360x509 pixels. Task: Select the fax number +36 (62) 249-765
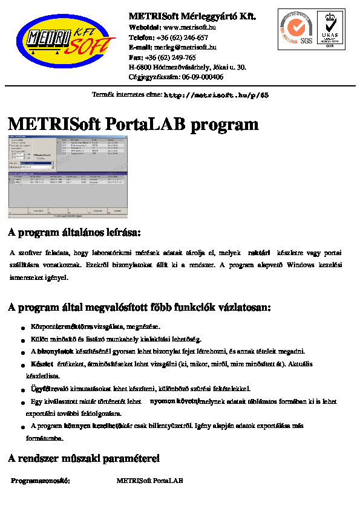tap(170, 57)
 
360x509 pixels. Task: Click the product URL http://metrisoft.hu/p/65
tap(216, 96)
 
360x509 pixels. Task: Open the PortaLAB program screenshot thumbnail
tap(68, 177)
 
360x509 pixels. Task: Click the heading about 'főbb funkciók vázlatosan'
tap(139, 308)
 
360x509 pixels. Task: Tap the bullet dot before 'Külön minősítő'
tap(23, 341)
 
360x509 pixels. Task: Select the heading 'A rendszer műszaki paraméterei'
tap(83, 459)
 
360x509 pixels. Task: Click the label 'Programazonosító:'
tap(41, 481)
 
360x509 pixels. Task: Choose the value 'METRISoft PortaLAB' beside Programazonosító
tap(149, 481)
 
